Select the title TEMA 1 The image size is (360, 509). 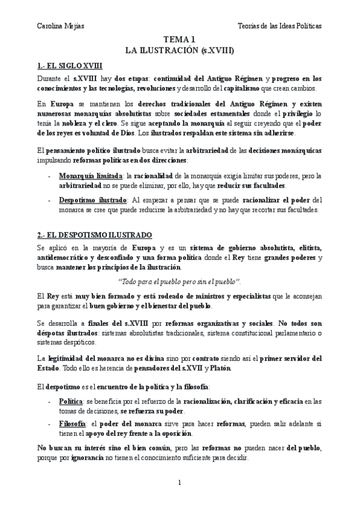point(179,40)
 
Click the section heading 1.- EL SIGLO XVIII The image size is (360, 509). point(69,65)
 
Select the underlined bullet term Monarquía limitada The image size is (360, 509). point(88,176)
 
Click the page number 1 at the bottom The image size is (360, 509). point(179,482)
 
